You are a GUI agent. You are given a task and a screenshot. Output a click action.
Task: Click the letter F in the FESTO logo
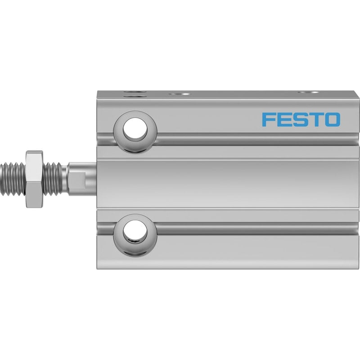[269, 119]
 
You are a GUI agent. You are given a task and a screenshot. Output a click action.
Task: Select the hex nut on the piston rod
[35, 179]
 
